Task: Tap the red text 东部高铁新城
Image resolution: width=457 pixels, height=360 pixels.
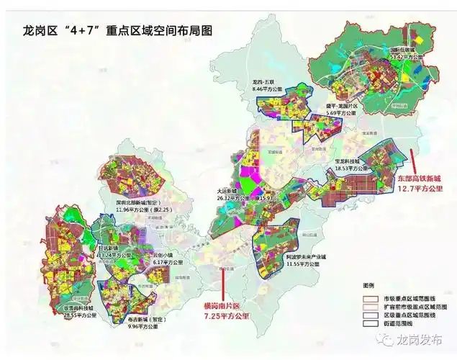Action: [422, 178]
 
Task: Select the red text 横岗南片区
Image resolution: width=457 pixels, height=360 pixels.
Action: [227, 305]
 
